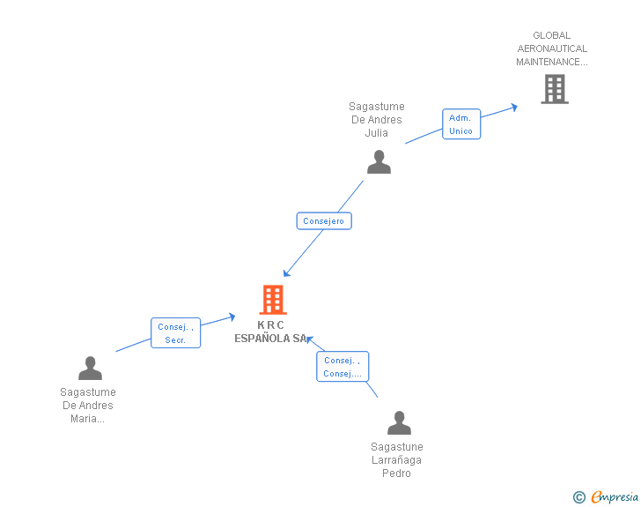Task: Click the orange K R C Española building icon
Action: (273, 300)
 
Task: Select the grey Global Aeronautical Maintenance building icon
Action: (554, 89)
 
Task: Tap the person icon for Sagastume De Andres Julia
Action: (379, 162)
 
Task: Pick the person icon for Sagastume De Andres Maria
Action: (90, 368)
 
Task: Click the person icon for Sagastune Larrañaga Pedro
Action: (399, 423)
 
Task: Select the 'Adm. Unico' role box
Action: (460, 124)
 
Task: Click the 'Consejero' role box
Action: (324, 221)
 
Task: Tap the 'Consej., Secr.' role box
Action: (175, 333)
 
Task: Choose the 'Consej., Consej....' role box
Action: (343, 367)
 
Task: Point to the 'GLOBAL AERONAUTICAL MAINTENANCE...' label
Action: (552, 49)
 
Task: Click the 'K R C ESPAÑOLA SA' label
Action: (271, 332)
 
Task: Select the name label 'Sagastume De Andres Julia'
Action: (377, 120)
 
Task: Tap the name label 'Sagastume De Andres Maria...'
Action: (88, 406)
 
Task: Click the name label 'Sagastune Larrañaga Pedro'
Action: (397, 460)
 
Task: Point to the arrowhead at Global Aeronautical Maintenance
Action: (513, 107)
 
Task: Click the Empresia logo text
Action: (615, 496)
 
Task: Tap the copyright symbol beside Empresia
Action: (578, 497)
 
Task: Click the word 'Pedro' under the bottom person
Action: (397, 473)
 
